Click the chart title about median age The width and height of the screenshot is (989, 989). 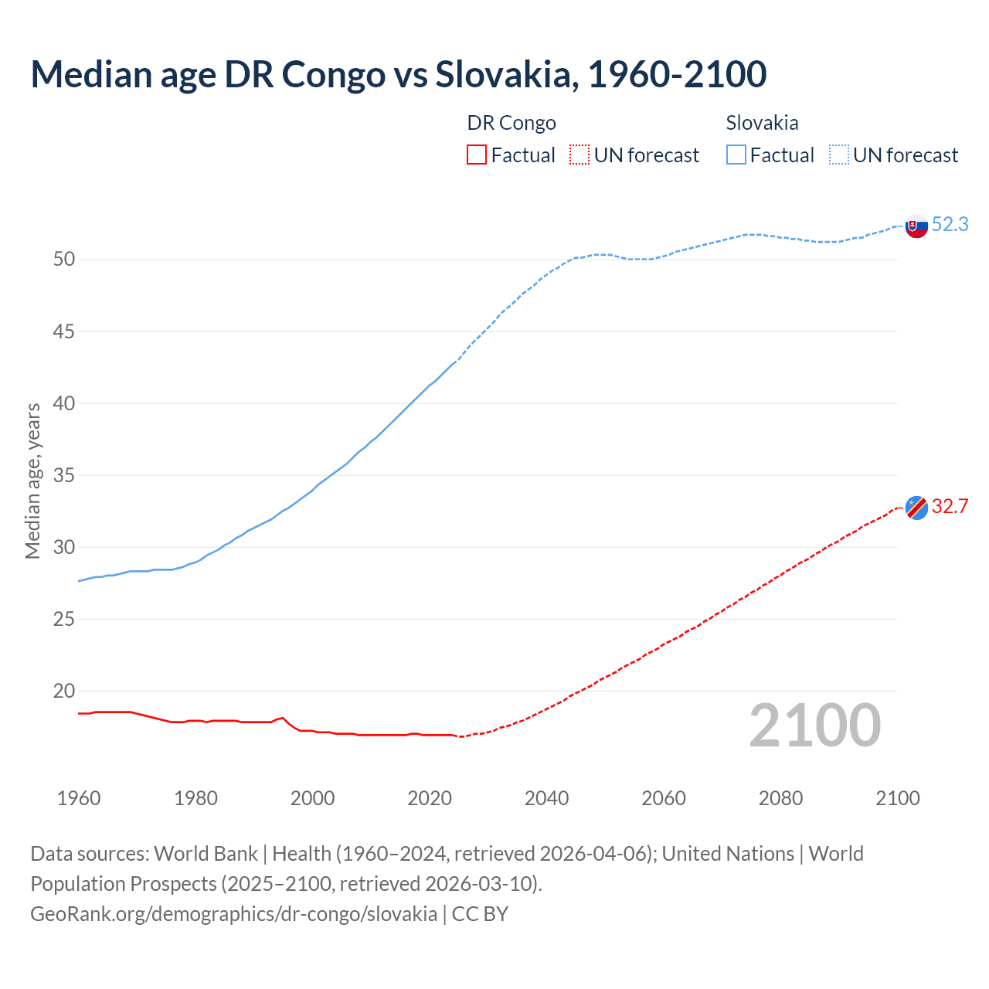click(398, 74)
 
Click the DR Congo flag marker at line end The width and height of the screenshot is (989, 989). click(916, 508)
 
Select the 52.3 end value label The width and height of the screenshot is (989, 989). click(950, 225)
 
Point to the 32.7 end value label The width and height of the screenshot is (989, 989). click(950, 507)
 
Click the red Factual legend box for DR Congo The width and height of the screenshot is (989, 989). click(477, 155)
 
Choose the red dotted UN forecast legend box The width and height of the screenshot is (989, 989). click(579, 155)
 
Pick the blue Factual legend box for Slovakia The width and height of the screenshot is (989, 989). click(736, 155)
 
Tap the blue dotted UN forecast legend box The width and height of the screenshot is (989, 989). click(839, 155)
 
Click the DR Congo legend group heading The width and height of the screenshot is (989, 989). click(511, 123)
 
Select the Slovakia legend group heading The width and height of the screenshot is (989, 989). click(762, 123)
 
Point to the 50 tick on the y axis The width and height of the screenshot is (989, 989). click(64, 260)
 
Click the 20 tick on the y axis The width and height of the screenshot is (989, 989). click(64, 692)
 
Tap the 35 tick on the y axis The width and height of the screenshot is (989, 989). click(64, 476)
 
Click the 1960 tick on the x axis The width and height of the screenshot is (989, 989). click(79, 798)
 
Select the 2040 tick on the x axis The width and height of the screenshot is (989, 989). click(546, 798)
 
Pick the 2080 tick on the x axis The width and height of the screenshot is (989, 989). click(780, 798)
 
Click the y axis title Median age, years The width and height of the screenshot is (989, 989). click(32, 481)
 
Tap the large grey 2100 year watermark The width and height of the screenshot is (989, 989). click(814, 726)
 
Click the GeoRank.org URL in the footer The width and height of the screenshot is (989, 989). click(233, 914)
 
